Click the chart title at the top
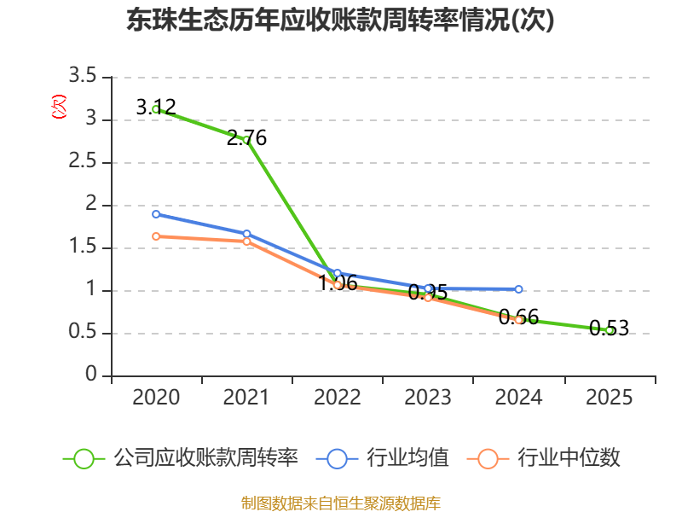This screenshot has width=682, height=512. pyautogui.click(x=340, y=20)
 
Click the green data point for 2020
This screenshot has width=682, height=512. pyautogui.click(x=156, y=109)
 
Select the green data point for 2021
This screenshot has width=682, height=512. pyautogui.click(x=247, y=140)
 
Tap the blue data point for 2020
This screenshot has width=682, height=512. pyautogui.click(x=156, y=214)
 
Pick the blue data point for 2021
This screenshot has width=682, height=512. pyautogui.click(x=247, y=234)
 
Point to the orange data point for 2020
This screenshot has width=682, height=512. pyautogui.click(x=156, y=236)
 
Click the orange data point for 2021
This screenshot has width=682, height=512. pyautogui.click(x=247, y=241)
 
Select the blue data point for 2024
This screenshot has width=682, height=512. pyautogui.click(x=518, y=289)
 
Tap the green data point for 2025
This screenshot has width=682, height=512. pyautogui.click(x=609, y=330)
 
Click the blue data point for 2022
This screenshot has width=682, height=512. pyautogui.click(x=338, y=273)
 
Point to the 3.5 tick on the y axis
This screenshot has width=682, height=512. pyautogui.click(x=83, y=77)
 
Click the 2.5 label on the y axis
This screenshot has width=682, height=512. pyautogui.click(x=83, y=162)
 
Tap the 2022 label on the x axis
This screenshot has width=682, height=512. pyautogui.click(x=338, y=397)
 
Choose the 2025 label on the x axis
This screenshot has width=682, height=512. pyautogui.click(x=609, y=397)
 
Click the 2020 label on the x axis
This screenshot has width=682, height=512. pyautogui.click(x=156, y=397)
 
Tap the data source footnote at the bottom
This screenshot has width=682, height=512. pyautogui.click(x=340, y=503)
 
